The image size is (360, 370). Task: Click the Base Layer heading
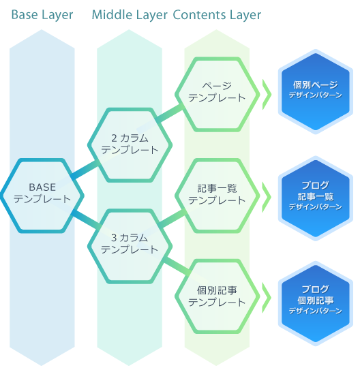(x=42, y=15)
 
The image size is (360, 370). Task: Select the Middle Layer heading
(x=130, y=15)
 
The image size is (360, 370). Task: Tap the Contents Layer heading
(x=217, y=15)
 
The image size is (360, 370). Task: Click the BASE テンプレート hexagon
(x=42, y=196)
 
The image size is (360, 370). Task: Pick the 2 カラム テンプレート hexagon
(x=130, y=145)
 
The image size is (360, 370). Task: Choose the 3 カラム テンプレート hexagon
(x=130, y=247)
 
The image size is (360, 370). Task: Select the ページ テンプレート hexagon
(x=217, y=95)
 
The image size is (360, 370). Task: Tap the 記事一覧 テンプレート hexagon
(x=217, y=196)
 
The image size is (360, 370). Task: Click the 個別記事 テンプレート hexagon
(x=217, y=296)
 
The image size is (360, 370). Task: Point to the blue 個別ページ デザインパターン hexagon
(x=316, y=91)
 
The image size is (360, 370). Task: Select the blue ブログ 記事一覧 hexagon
(x=316, y=198)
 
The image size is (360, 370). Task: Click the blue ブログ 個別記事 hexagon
(x=316, y=303)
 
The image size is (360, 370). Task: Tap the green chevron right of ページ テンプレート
(x=267, y=95)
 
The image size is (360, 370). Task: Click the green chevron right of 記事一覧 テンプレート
(x=267, y=197)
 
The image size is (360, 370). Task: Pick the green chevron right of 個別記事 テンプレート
(x=267, y=298)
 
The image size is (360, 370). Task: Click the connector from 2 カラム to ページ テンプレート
(x=170, y=114)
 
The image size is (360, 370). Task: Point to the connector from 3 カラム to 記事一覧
(x=172, y=218)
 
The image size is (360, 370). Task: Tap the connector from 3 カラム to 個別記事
(x=177, y=266)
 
